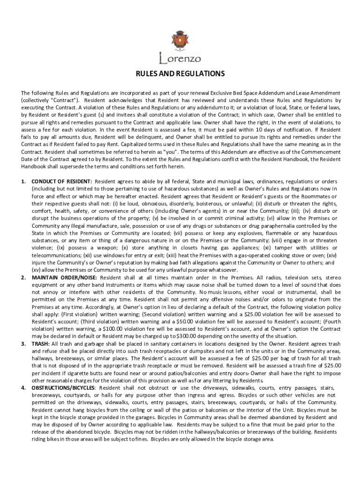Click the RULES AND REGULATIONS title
point(180,74)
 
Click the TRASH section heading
point(40,343)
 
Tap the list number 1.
point(24,181)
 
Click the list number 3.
point(24,343)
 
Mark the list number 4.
point(24,388)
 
